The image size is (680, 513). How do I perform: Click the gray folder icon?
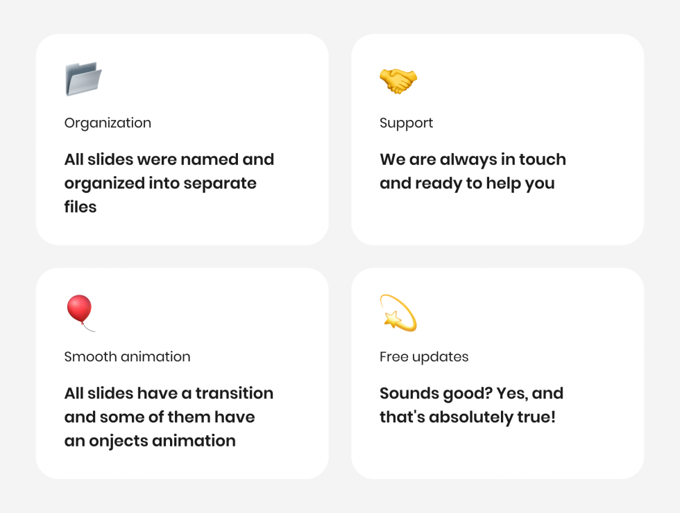pos(83,79)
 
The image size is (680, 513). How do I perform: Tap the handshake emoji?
pos(398,80)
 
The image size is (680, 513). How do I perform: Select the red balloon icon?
pos(80,313)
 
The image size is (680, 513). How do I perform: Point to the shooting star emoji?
pos(398,313)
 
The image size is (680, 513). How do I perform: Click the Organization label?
pos(108,123)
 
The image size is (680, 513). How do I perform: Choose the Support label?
pos(407,123)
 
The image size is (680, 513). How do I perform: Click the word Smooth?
pos(91,356)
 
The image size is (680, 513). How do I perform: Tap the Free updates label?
pos(424,357)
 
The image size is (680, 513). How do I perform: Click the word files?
pos(80,207)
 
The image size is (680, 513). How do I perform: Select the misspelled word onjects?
pos(119,441)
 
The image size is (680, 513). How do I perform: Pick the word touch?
pos(543,159)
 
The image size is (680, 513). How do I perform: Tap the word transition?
pos(235,394)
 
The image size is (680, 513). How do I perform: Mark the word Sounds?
pos(409,394)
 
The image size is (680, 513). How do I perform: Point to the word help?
pos(503,184)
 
